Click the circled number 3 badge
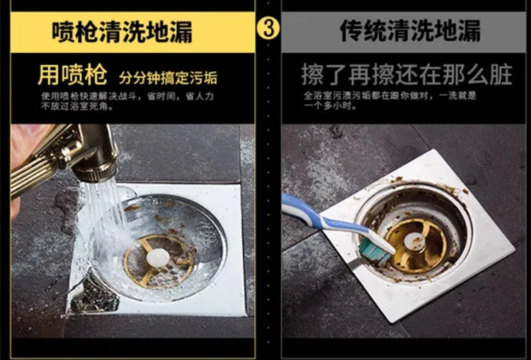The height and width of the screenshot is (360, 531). click(x=268, y=28)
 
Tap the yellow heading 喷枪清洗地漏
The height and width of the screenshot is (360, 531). click(x=122, y=32)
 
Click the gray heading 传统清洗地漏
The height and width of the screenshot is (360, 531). click(x=410, y=31)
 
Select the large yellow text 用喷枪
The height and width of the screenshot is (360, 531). click(x=72, y=74)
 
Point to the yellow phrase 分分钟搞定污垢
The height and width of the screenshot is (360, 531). click(x=168, y=78)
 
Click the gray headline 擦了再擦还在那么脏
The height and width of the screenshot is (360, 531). click(x=406, y=74)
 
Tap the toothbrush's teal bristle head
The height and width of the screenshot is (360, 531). click(x=372, y=250)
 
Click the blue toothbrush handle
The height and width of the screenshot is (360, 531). click(x=325, y=220)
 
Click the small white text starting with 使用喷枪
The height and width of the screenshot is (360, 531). click(x=127, y=101)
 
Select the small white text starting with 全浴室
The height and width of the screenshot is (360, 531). click(x=390, y=101)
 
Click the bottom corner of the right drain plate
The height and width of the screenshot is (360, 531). click(x=393, y=322)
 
